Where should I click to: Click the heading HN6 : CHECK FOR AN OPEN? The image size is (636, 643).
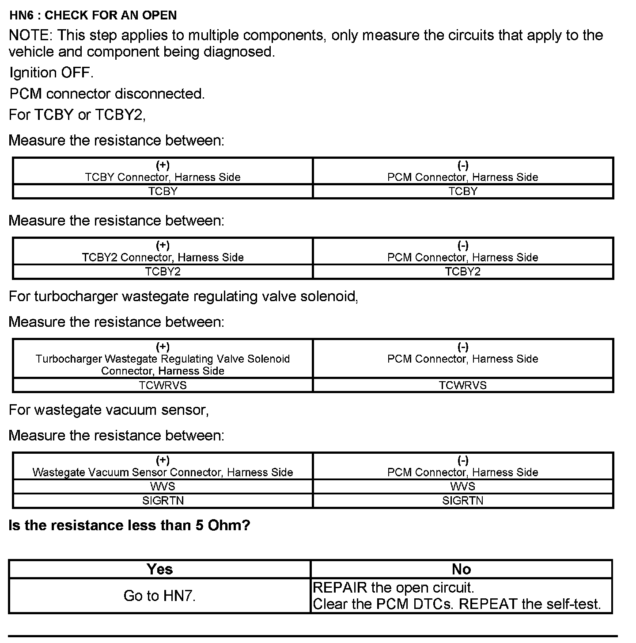click(x=93, y=15)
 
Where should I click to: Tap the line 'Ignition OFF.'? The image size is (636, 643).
click(x=51, y=73)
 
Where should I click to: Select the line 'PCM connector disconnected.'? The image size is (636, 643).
click(x=107, y=94)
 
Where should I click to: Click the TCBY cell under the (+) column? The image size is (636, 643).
click(x=163, y=191)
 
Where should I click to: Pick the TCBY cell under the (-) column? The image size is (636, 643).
click(x=463, y=191)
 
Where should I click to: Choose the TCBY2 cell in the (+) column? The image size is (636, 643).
click(x=163, y=272)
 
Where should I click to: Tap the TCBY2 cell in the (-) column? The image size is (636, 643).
click(x=463, y=272)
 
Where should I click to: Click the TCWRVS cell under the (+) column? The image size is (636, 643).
click(x=163, y=385)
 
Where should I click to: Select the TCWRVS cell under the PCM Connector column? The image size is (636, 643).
click(x=463, y=385)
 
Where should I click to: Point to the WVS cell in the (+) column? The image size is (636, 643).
click(x=163, y=486)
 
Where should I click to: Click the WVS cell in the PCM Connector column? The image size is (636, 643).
click(x=463, y=486)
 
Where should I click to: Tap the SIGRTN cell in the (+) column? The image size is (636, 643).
click(x=163, y=501)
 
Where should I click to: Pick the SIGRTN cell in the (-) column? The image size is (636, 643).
click(x=463, y=501)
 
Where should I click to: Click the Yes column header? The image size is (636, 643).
click(x=159, y=569)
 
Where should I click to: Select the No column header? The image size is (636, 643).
click(x=461, y=569)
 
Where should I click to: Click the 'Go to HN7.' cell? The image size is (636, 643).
click(x=159, y=596)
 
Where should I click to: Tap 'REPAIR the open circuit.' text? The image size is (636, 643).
click(x=393, y=588)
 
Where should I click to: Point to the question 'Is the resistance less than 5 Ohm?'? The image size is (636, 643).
click(x=129, y=525)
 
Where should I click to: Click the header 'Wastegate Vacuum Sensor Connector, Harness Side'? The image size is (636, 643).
click(x=163, y=472)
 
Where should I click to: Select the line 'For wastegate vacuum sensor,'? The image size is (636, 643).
click(x=109, y=410)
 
